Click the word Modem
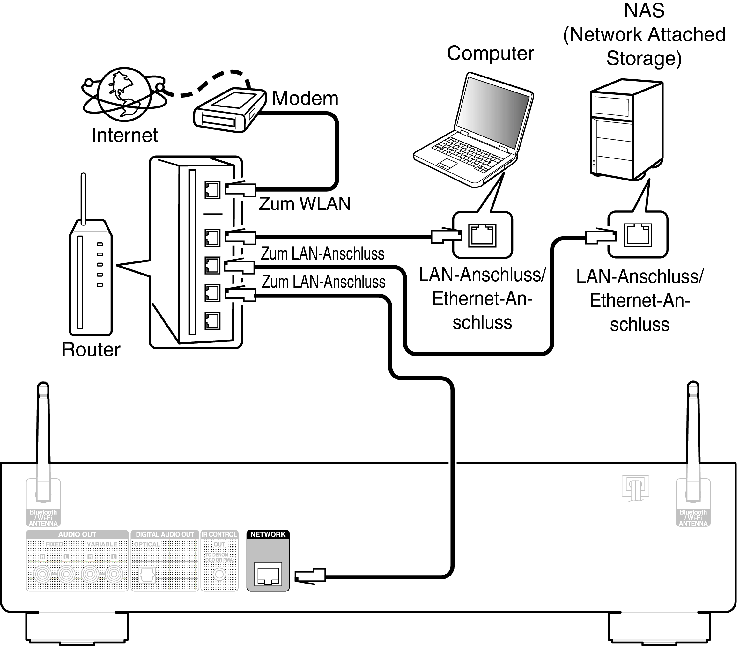[x=305, y=99]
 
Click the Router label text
[x=91, y=349]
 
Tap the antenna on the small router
[x=83, y=198]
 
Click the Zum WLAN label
[x=305, y=204]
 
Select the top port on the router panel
[x=212, y=190]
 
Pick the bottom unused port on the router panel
[x=212, y=321]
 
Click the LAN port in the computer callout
[x=482, y=235]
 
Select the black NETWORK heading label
[x=268, y=534]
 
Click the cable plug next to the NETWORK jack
[x=311, y=576]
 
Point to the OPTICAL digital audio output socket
[x=147, y=575]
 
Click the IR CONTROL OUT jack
[x=219, y=574]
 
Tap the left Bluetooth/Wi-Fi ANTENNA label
[x=43, y=518]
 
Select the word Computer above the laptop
[x=490, y=54]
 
